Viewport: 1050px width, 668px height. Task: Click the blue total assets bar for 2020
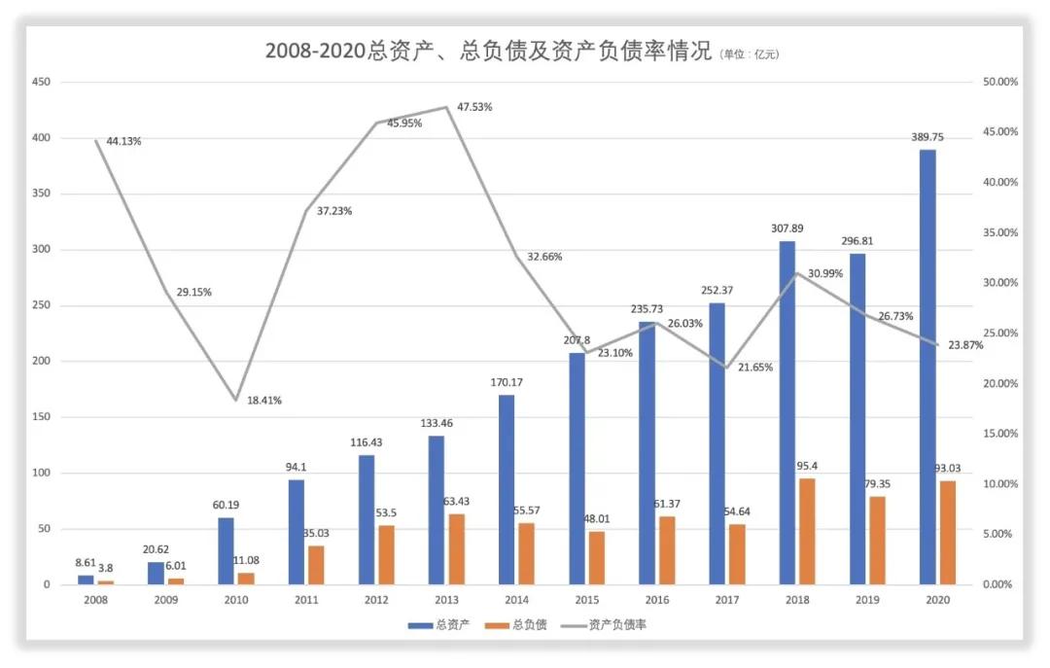point(927,367)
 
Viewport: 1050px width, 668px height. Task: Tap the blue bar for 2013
point(437,510)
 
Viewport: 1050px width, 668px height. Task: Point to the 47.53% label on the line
point(473,107)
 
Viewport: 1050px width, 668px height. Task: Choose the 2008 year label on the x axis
point(95,600)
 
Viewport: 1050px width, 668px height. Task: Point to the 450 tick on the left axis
point(41,82)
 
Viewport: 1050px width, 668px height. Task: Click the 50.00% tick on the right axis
point(999,82)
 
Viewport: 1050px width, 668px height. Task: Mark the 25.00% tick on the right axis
point(999,334)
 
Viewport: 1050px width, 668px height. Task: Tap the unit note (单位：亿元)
point(750,54)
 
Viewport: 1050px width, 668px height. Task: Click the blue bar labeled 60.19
point(226,550)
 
